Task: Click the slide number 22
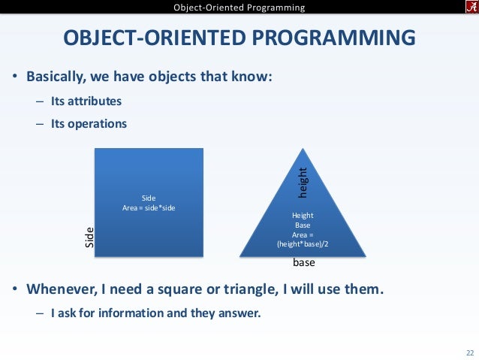(x=470, y=352)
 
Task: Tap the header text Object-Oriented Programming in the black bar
(x=239, y=8)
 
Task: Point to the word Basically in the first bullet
(x=54, y=77)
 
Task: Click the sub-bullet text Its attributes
(x=86, y=101)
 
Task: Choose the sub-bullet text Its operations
(x=89, y=123)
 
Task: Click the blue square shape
(x=149, y=225)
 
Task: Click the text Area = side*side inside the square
(x=149, y=207)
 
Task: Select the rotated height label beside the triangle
(x=304, y=183)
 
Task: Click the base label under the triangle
(x=303, y=264)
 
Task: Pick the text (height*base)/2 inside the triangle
(x=303, y=244)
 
